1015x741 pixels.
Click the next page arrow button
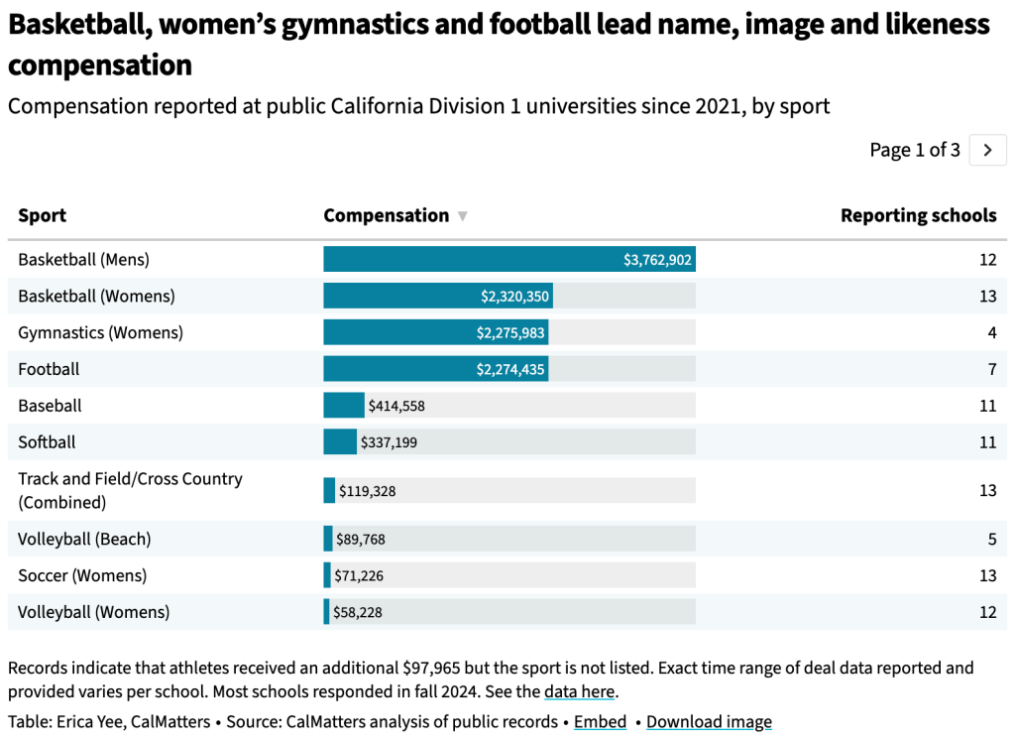987,150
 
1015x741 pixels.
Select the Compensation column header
386,215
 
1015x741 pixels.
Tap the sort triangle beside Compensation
462,216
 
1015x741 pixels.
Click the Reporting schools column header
918,215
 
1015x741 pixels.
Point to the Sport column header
43,215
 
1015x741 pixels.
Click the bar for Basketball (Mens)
508,260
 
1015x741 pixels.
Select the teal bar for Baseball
344,405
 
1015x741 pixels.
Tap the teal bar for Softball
340,441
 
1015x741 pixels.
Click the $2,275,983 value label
510,332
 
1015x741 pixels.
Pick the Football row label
49,369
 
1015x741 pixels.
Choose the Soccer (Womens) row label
82,575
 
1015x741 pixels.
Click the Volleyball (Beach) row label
84,540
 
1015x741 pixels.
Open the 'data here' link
580,691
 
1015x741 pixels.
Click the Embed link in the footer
600,722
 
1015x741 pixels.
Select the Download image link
709,722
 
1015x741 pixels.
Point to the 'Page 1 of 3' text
914,150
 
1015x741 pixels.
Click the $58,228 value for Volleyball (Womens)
358,612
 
